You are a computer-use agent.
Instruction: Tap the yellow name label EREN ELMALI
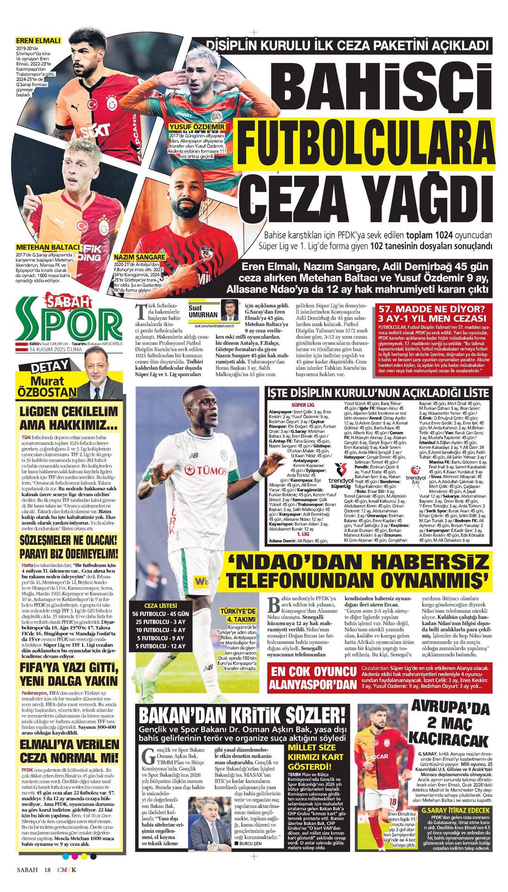tap(38, 41)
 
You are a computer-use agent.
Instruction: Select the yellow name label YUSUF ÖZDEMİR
tap(197, 127)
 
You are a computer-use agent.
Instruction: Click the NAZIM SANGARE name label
tap(139, 257)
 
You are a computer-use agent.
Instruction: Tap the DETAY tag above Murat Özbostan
tap(49, 367)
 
